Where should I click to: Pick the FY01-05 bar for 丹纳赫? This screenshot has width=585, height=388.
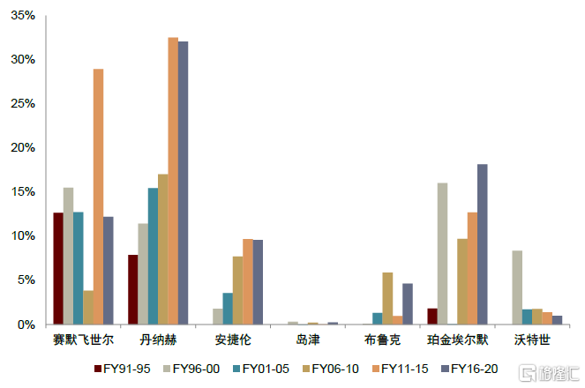153,256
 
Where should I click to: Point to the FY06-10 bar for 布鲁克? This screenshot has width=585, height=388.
387,298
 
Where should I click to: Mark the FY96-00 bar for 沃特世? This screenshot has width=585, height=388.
517,287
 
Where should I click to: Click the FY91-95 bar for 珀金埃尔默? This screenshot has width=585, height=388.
432,316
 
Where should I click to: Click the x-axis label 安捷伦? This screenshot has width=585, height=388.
233,339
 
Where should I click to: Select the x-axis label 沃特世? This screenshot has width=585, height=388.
532,339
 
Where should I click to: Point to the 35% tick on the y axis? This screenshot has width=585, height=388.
22,16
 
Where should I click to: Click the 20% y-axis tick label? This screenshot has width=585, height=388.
22,147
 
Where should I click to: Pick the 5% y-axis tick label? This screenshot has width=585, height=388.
26,280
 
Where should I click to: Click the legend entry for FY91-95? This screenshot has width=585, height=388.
124,368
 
